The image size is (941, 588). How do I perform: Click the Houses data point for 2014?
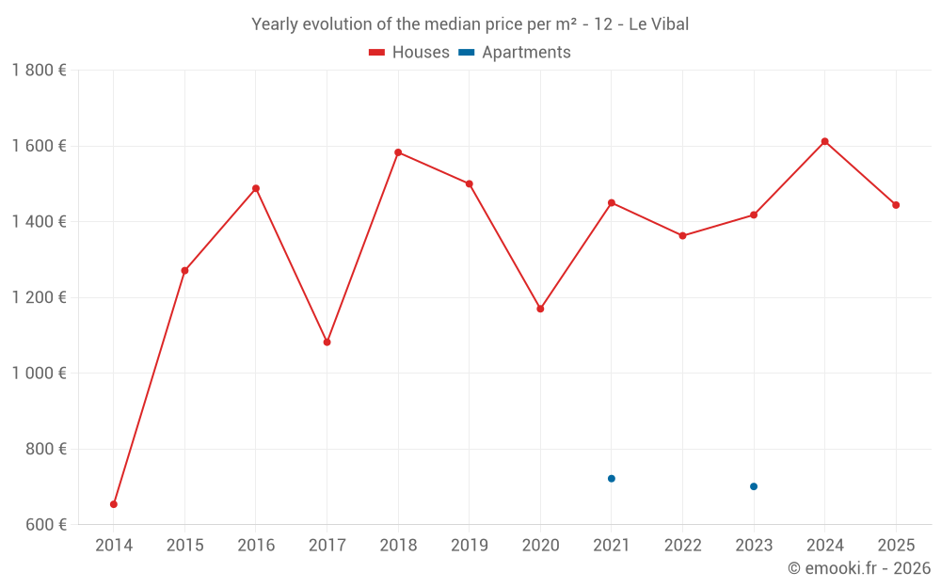tap(114, 504)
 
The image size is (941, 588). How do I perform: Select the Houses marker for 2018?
tap(398, 152)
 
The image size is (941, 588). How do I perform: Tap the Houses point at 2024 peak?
tap(824, 141)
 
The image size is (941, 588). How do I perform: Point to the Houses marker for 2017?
tap(327, 342)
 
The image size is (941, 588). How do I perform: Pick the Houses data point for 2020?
tap(540, 309)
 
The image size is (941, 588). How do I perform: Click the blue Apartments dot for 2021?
tap(612, 479)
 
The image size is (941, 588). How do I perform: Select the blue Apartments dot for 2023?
tap(754, 486)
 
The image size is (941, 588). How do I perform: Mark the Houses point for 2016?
tap(256, 188)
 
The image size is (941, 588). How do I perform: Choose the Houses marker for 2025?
tap(896, 205)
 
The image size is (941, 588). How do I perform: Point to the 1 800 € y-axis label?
tap(39, 71)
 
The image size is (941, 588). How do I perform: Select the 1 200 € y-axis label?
tap(39, 297)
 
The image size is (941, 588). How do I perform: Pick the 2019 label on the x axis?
tap(469, 546)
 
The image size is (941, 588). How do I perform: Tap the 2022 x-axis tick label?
tap(682, 546)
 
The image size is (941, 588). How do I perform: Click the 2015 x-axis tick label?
tap(184, 546)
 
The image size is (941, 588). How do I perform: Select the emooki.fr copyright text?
tap(859, 568)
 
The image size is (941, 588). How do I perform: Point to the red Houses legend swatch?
tap(377, 53)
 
